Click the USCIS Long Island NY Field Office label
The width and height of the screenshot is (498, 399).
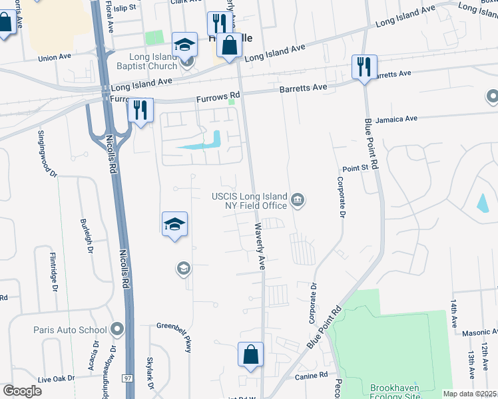pos(250,200)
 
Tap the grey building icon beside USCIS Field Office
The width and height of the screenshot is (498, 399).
pos(298,199)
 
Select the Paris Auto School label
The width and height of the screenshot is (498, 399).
pos(70,330)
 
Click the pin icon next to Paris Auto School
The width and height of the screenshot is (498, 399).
pos(118,329)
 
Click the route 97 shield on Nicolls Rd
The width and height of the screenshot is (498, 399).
pos(127,378)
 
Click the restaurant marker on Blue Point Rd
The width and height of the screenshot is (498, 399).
pos(364,67)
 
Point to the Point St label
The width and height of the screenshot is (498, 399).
pos(355,169)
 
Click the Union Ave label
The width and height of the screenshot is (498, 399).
pos(55,57)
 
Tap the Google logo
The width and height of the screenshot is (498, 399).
pos(22,391)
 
